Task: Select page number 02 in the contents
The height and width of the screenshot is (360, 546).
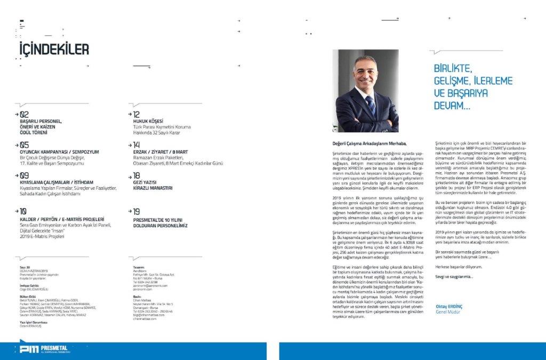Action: click(x=25, y=114)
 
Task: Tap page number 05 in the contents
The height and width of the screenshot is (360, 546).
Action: click(x=25, y=145)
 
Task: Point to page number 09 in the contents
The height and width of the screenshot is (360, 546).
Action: click(x=25, y=174)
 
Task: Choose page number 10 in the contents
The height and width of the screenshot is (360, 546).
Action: click(x=23, y=211)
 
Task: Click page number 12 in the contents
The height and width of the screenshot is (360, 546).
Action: click(x=136, y=114)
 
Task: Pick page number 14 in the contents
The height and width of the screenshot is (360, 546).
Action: click(x=136, y=145)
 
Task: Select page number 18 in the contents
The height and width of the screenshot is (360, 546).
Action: click(x=136, y=174)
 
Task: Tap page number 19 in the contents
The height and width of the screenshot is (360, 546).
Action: click(x=136, y=211)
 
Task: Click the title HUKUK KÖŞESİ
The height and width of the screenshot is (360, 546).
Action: click(x=148, y=121)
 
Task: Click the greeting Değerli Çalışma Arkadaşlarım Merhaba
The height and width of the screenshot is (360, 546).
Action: click(x=369, y=143)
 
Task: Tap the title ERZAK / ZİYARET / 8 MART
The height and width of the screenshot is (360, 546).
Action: click(x=159, y=151)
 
